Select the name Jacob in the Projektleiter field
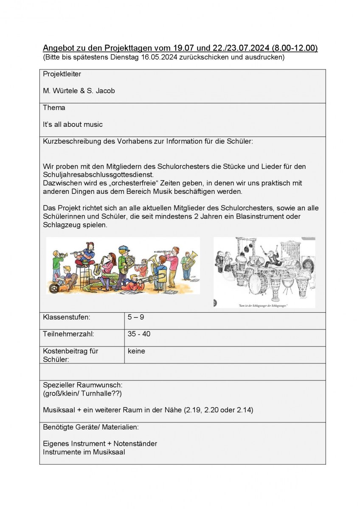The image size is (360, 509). tap(104, 91)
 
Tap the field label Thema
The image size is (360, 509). tap(54, 108)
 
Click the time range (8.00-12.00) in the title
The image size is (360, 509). tap(295, 48)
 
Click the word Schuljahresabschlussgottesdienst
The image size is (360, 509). tap(98, 175)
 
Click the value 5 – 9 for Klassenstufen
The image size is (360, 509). tap(135, 317)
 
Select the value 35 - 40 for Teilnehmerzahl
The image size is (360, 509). tap(139, 334)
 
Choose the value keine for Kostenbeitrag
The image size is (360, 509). tap(136, 351)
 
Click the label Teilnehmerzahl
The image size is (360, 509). tap(68, 334)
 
